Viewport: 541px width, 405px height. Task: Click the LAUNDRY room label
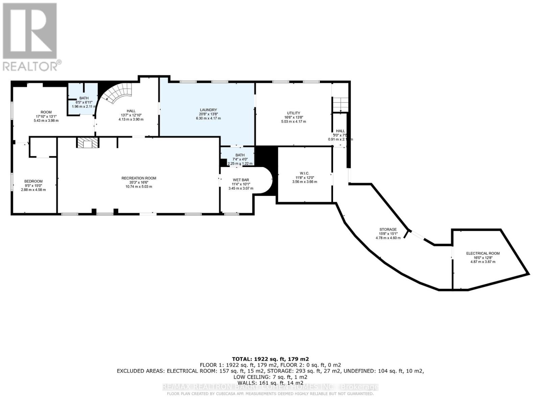208,110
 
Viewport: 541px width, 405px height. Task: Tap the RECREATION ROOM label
139,178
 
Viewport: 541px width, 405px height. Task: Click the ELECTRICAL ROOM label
483,253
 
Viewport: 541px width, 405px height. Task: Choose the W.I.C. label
304,173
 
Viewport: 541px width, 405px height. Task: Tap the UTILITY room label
293,113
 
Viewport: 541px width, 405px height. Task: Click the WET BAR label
241,180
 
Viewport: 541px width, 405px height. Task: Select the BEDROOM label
33,181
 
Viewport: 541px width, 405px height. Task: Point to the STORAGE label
388,230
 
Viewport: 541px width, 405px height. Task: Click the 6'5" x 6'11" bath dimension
84,102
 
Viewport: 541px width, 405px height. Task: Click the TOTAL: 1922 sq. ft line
270,359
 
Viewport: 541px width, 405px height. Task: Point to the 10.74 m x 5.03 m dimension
139,187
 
